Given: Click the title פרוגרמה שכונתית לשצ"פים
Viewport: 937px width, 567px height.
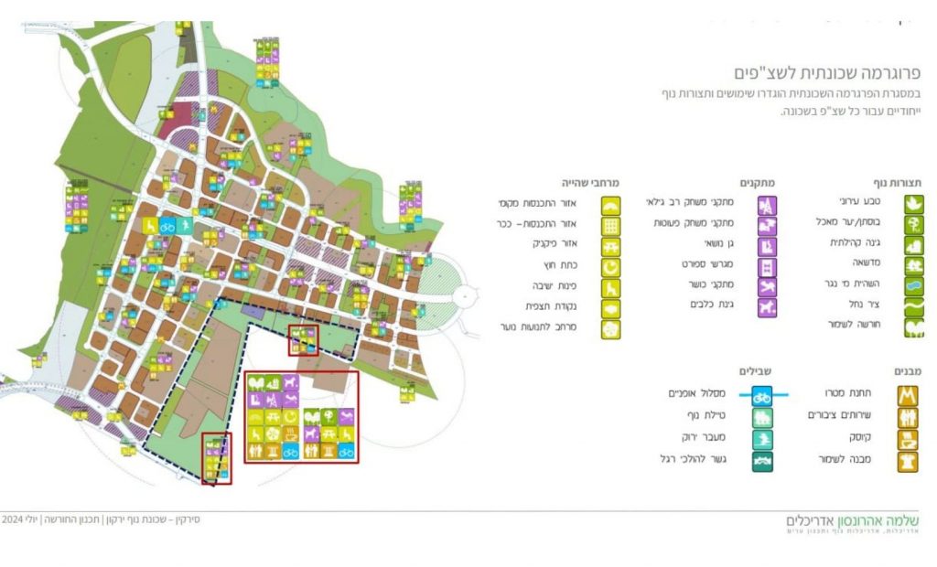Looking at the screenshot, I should (828, 72).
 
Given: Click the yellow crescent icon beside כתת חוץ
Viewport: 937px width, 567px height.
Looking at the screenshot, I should (610, 266).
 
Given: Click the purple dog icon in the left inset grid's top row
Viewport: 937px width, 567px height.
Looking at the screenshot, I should (291, 382).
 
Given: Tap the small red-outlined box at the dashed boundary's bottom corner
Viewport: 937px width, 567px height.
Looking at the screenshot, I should (216, 458).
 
